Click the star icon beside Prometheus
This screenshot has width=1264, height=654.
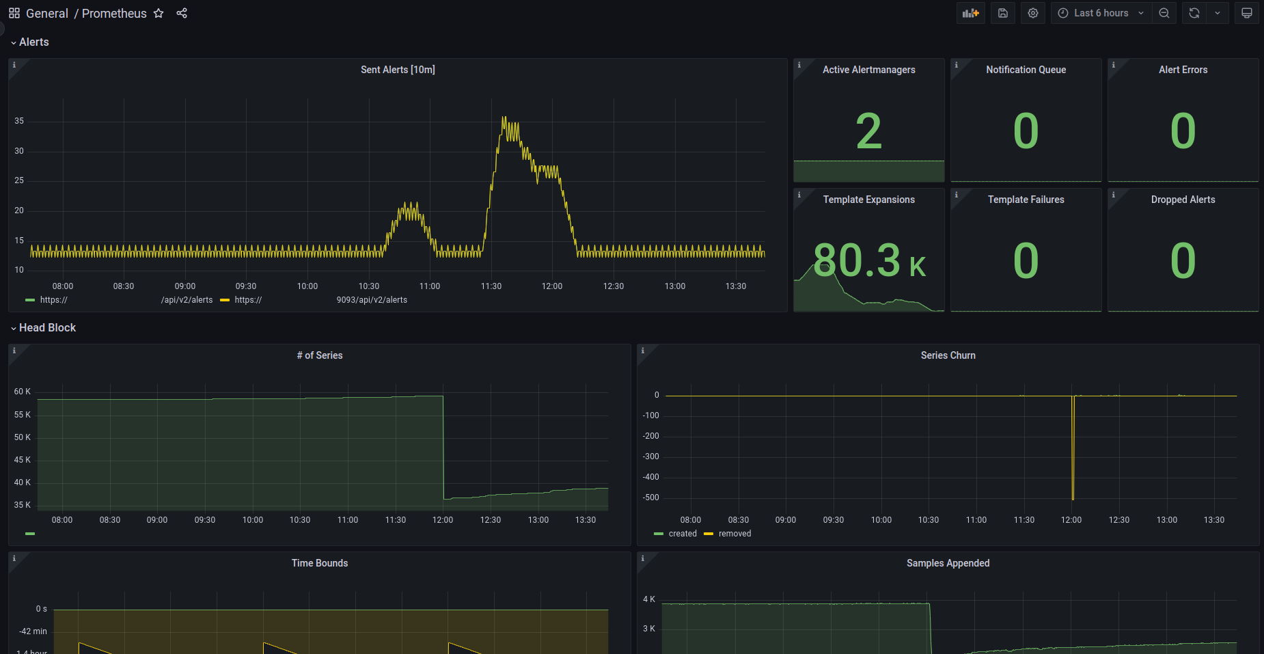point(159,13)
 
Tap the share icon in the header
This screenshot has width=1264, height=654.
point(182,13)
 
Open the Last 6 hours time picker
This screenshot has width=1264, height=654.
point(1101,13)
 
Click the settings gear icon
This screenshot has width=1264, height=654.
point(1033,13)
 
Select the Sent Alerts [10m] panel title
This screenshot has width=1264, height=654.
point(398,70)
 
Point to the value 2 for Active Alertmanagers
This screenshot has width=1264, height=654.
point(868,131)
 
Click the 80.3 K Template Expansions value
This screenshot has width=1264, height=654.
point(869,260)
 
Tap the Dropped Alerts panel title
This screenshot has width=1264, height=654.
point(1183,200)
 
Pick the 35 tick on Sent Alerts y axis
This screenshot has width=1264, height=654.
point(19,121)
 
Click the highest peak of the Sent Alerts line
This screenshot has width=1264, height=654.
point(504,118)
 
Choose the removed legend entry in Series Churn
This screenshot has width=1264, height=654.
point(728,534)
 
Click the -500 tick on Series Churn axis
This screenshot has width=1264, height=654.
point(650,498)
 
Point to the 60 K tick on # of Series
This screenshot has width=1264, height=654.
point(23,392)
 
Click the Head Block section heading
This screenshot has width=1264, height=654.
point(47,328)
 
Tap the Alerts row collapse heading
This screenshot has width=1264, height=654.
point(33,42)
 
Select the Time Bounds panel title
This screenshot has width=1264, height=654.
point(320,563)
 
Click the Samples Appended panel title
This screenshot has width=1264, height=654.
point(948,563)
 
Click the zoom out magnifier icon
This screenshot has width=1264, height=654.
point(1164,13)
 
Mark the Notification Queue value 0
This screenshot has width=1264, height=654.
point(1026,131)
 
